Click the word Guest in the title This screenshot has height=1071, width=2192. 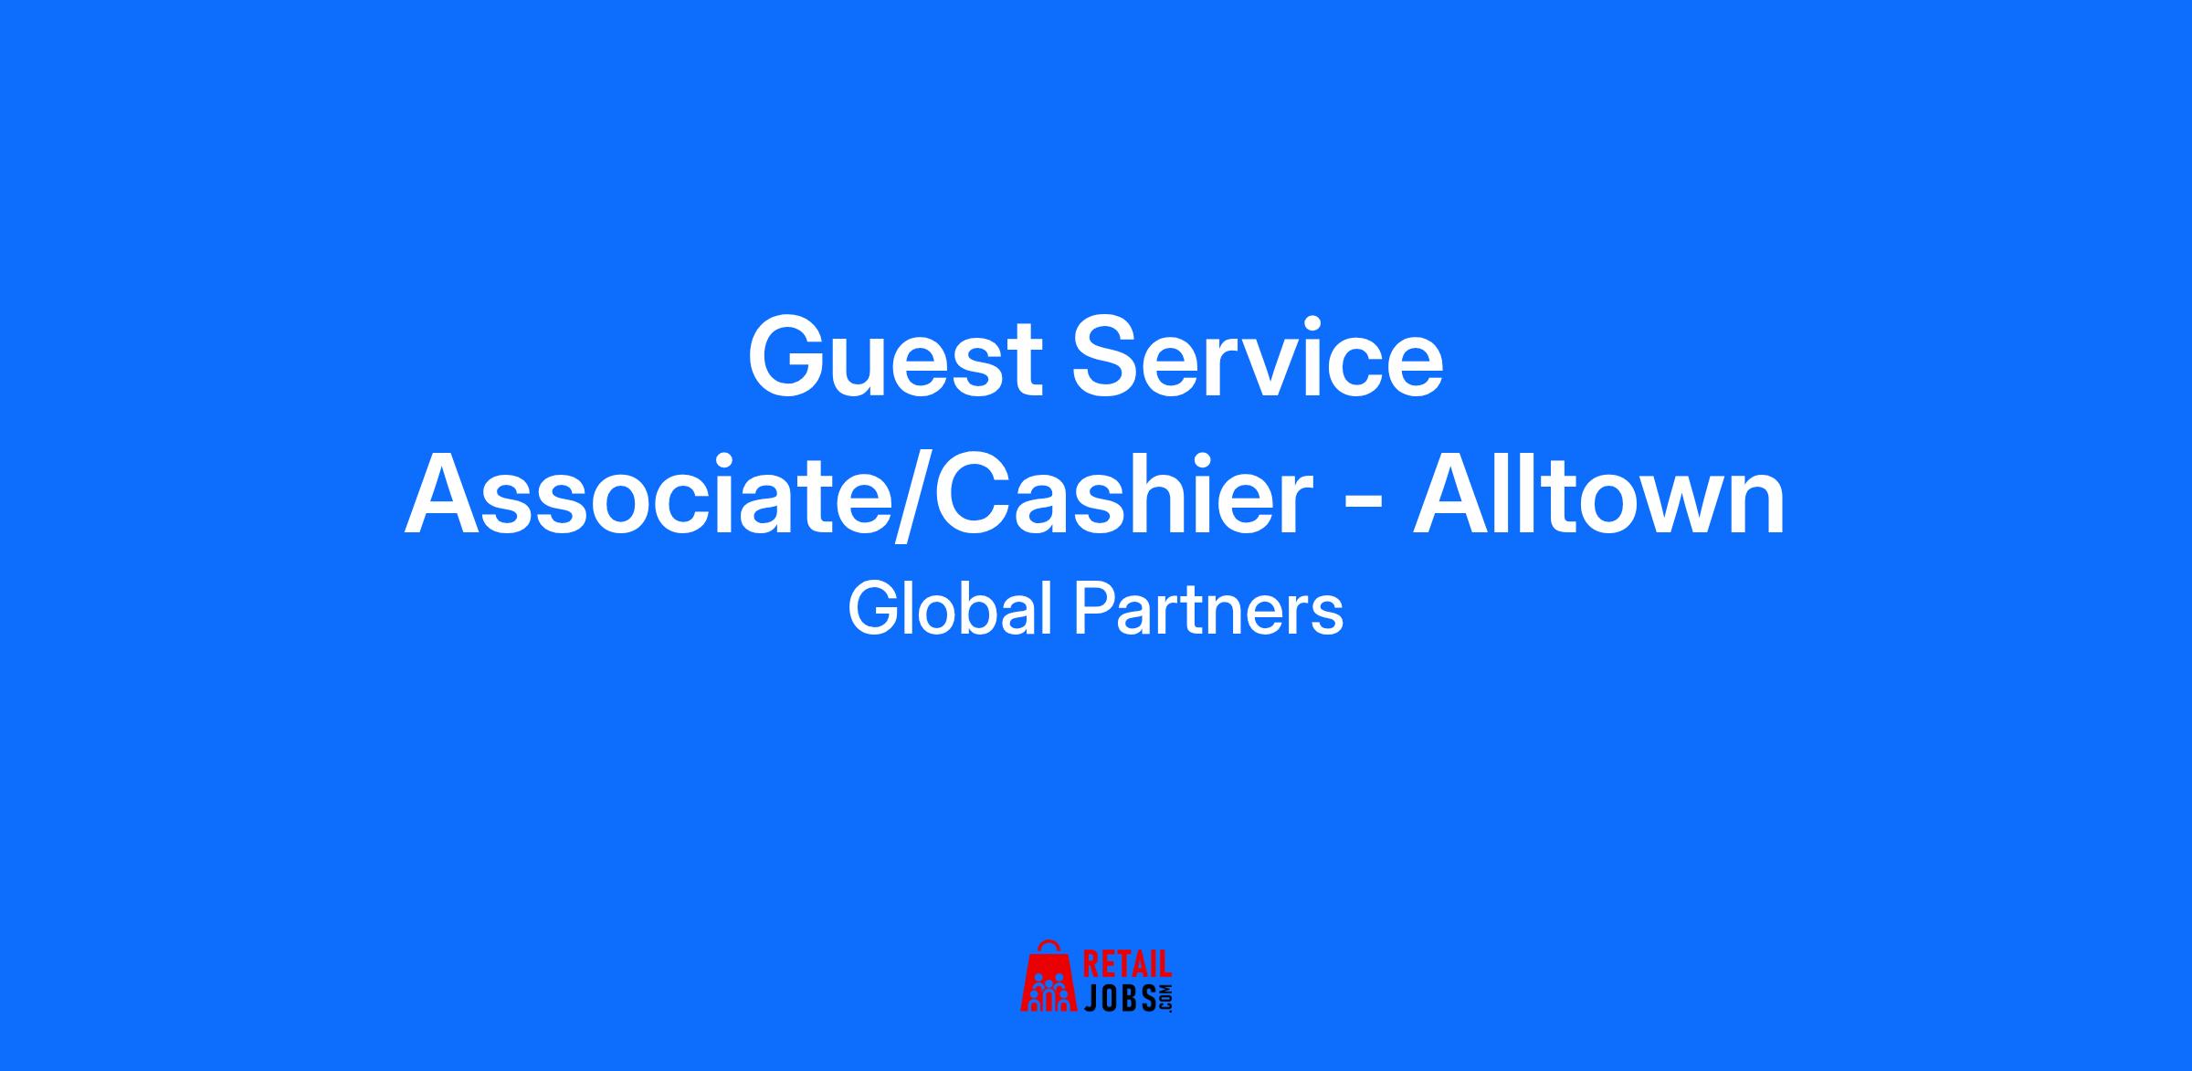coord(895,357)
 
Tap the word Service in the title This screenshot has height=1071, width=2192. coord(1258,357)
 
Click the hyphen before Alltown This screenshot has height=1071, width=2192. coord(1364,507)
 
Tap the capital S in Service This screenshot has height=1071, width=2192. coord(1108,357)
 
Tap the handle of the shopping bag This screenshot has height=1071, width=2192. coord(1049,947)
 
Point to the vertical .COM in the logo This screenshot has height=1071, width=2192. coord(1164,998)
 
